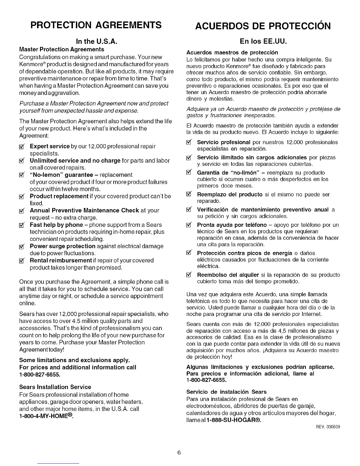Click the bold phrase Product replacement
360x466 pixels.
(59, 196)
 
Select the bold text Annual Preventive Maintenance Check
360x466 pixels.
(84, 210)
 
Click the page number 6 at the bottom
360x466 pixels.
(179, 452)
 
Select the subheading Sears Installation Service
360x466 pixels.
(55, 387)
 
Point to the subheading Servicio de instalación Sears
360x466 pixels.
(226, 392)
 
